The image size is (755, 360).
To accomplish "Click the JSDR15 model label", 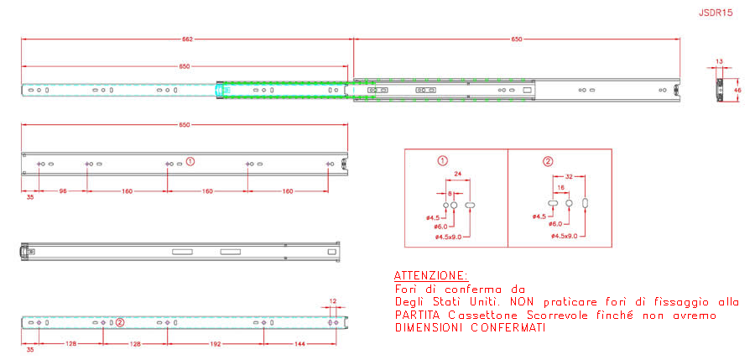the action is (x=716, y=13).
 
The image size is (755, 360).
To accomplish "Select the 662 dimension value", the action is (x=187, y=39).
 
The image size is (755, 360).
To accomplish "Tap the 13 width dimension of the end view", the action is (x=719, y=61).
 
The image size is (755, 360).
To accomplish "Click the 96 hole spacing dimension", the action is (x=63, y=191).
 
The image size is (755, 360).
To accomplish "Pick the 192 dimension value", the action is (x=215, y=344).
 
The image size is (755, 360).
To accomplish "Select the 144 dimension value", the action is (x=299, y=344).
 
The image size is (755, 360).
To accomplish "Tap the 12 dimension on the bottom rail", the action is (x=333, y=300).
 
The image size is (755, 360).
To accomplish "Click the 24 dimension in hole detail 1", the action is (x=458, y=174).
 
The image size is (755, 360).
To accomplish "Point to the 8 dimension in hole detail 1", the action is (x=450, y=193).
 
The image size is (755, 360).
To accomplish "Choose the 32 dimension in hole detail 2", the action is (x=569, y=177).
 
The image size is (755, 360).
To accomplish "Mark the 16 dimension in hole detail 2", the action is (x=560, y=187).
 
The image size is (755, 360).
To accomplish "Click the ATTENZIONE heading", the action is (x=430, y=275).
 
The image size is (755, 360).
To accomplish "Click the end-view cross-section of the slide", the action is (x=720, y=90).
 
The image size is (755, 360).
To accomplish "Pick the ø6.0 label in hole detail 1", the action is (x=440, y=227).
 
